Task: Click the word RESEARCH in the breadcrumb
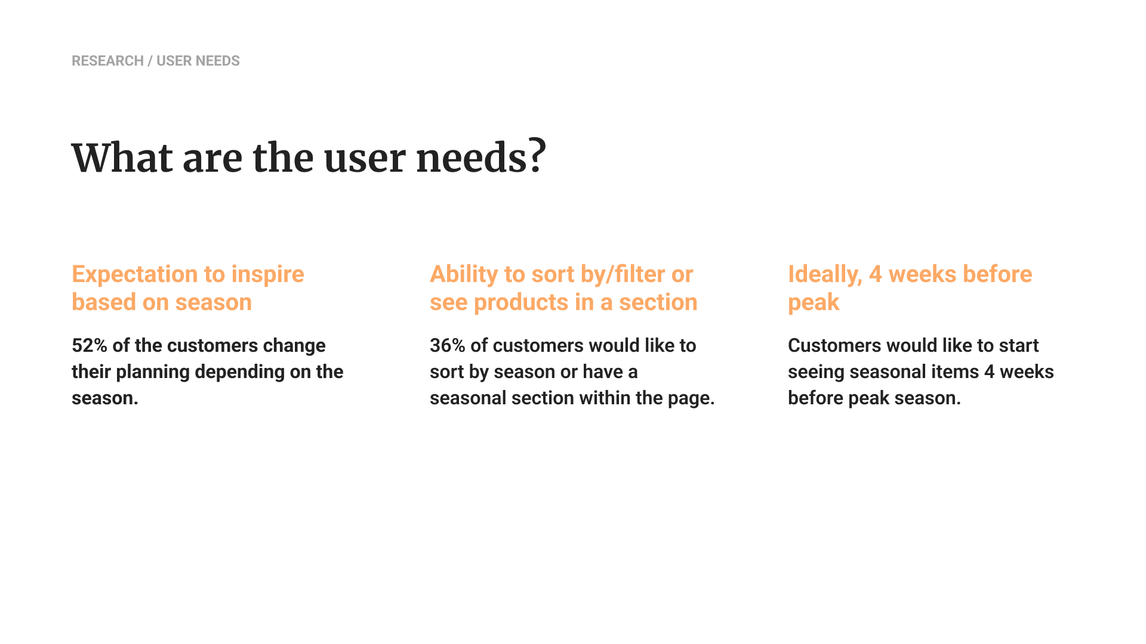click(107, 61)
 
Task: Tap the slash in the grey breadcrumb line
click(150, 61)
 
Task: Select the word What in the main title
click(122, 158)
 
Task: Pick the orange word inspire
click(267, 275)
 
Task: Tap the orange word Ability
click(464, 275)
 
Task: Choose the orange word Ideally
click(825, 275)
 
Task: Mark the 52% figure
click(90, 345)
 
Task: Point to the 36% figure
click(448, 345)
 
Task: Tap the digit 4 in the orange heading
click(875, 275)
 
